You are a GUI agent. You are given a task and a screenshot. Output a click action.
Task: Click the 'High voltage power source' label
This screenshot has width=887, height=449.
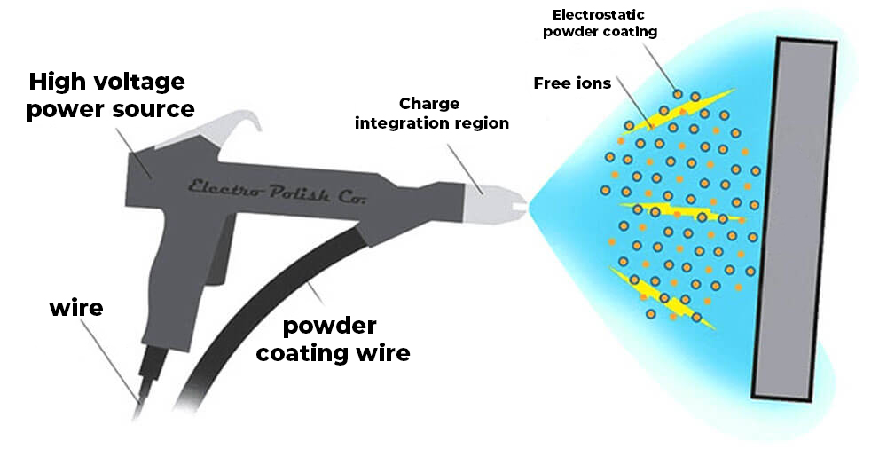click(x=110, y=96)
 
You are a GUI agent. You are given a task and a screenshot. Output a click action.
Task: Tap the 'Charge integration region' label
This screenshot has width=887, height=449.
click(x=432, y=114)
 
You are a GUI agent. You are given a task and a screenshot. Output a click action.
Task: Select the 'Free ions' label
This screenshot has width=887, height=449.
click(x=572, y=83)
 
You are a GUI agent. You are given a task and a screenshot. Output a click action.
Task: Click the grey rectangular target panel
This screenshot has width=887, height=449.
click(x=794, y=217)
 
